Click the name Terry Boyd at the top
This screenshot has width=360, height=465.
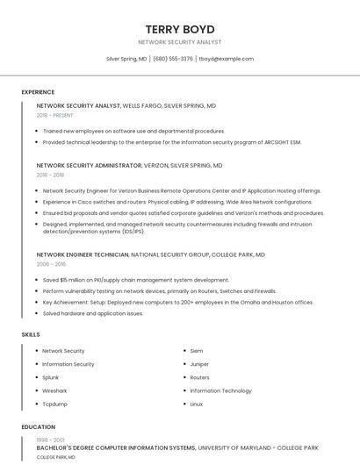coord(180,29)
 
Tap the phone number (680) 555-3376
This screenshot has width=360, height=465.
coord(173,59)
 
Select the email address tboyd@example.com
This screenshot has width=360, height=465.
coord(227,59)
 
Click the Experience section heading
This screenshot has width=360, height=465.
coord(38,92)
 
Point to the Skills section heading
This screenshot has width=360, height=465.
coord(31,334)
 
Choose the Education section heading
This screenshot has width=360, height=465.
coord(38,427)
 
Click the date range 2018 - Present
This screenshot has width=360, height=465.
coord(54,115)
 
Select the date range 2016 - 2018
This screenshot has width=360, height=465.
coord(50,175)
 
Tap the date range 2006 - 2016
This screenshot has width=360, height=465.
coord(51,263)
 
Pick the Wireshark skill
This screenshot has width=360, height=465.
coord(54,390)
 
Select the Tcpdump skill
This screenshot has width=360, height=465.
coord(54,404)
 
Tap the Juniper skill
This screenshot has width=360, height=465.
coord(199,364)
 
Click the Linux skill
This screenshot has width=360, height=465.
coord(197,404)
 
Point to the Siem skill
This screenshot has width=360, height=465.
coord(197,351)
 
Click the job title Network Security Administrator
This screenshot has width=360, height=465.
coord(89,165)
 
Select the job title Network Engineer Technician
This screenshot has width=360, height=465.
coord(83,254)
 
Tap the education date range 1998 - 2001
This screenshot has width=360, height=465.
coord(49,440)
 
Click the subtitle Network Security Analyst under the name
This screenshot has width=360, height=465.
coord(180,42)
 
